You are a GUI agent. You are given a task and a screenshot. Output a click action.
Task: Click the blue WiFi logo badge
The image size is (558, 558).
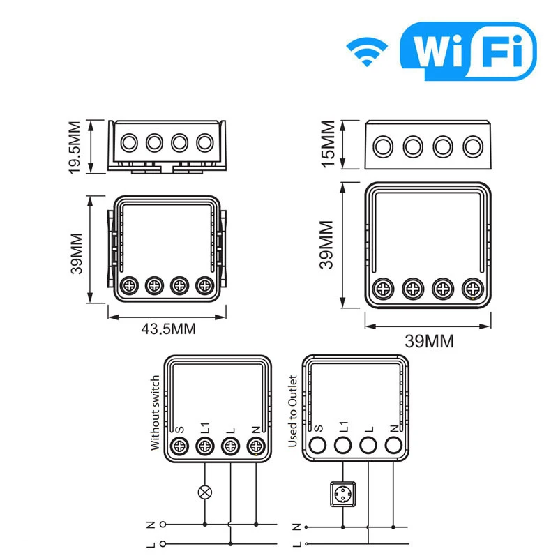coord(467,51)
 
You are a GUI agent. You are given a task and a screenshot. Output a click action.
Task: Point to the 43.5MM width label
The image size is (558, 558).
coord(167,328)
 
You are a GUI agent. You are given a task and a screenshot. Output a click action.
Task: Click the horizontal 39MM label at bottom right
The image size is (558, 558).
coord(430,341)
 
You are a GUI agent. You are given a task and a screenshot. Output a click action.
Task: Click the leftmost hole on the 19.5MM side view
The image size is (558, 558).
coord(129,143)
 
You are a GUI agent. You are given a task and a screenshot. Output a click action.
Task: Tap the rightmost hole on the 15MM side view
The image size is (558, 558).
coord(473,146)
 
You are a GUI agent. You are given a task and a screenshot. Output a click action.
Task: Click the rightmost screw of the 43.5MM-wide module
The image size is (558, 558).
coord(204,285)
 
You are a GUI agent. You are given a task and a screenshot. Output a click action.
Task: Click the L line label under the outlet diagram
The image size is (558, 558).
coord(297,543)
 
